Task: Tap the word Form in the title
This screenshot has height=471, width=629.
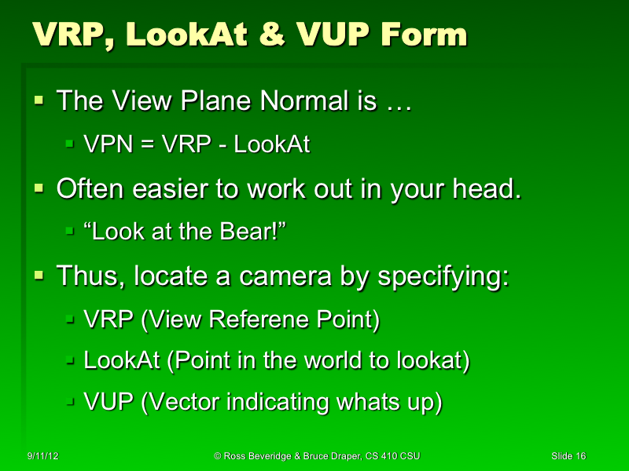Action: pos(426,35)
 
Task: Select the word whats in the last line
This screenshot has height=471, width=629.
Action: pos(366,402)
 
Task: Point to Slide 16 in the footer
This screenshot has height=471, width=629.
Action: pos(568,456)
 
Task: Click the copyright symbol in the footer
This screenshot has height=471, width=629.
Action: pos(217,456)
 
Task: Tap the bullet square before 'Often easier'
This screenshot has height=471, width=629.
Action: pos(40,189)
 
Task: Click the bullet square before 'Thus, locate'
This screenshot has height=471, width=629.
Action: pos(40,276)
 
